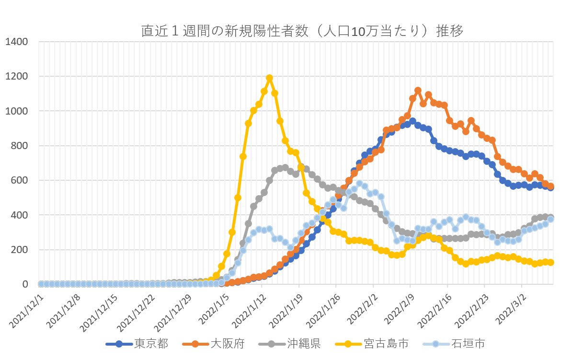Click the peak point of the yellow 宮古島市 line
[x=269, y=78]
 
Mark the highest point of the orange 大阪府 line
[x=418, y=90]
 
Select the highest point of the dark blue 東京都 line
[x=412, y=121]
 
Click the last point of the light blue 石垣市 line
[x=551, y=219]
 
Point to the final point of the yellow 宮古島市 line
[x=551, y=262]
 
